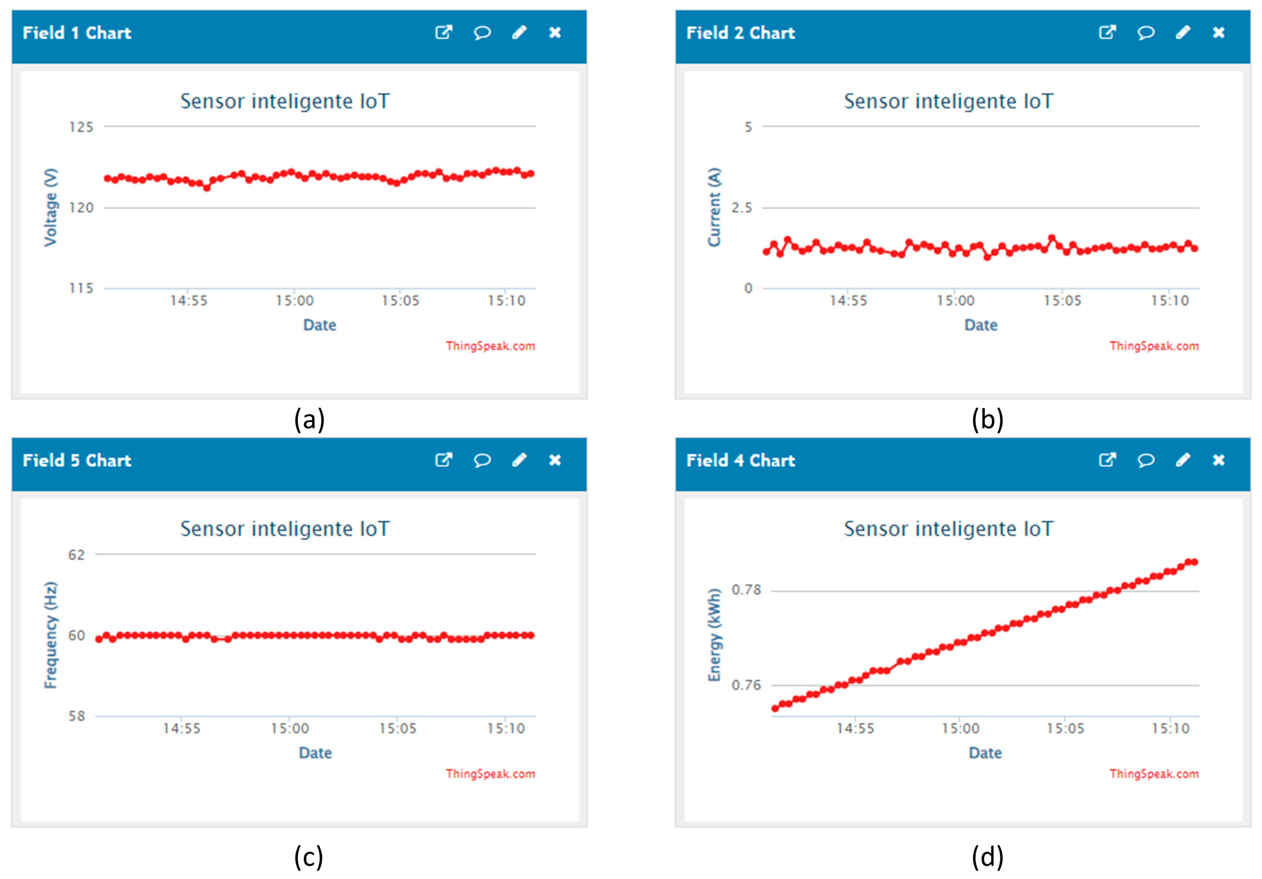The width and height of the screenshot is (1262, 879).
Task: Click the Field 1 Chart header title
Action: [x=77, y=33]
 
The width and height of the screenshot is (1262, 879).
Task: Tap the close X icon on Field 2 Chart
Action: [x=1219, y=33]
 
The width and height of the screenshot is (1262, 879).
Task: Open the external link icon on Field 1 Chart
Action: [x=444, y=33]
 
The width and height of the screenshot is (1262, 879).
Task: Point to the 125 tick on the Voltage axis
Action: [x=81, y=127]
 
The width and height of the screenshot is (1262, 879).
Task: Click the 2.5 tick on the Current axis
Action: [x=741, y=208]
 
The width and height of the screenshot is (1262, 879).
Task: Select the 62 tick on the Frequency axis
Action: [x=77, y=554]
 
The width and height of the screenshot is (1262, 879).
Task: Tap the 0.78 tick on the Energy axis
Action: [x=746, y=589]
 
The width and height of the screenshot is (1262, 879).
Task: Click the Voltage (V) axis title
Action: [x=51, y=208]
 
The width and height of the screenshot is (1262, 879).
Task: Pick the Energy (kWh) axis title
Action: [x=714, y=635]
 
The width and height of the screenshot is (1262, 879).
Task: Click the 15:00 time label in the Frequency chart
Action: [x=290, y=728]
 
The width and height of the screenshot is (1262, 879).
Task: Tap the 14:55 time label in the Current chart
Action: [x=848, y=300]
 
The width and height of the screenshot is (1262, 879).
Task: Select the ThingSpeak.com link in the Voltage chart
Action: [x=490, y=345]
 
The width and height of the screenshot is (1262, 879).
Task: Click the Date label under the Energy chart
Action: [x=985, y=753]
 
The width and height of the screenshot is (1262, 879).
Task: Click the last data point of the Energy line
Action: [x=1194, y=562]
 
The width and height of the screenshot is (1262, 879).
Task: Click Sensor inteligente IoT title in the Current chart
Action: [x=949, y=101]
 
